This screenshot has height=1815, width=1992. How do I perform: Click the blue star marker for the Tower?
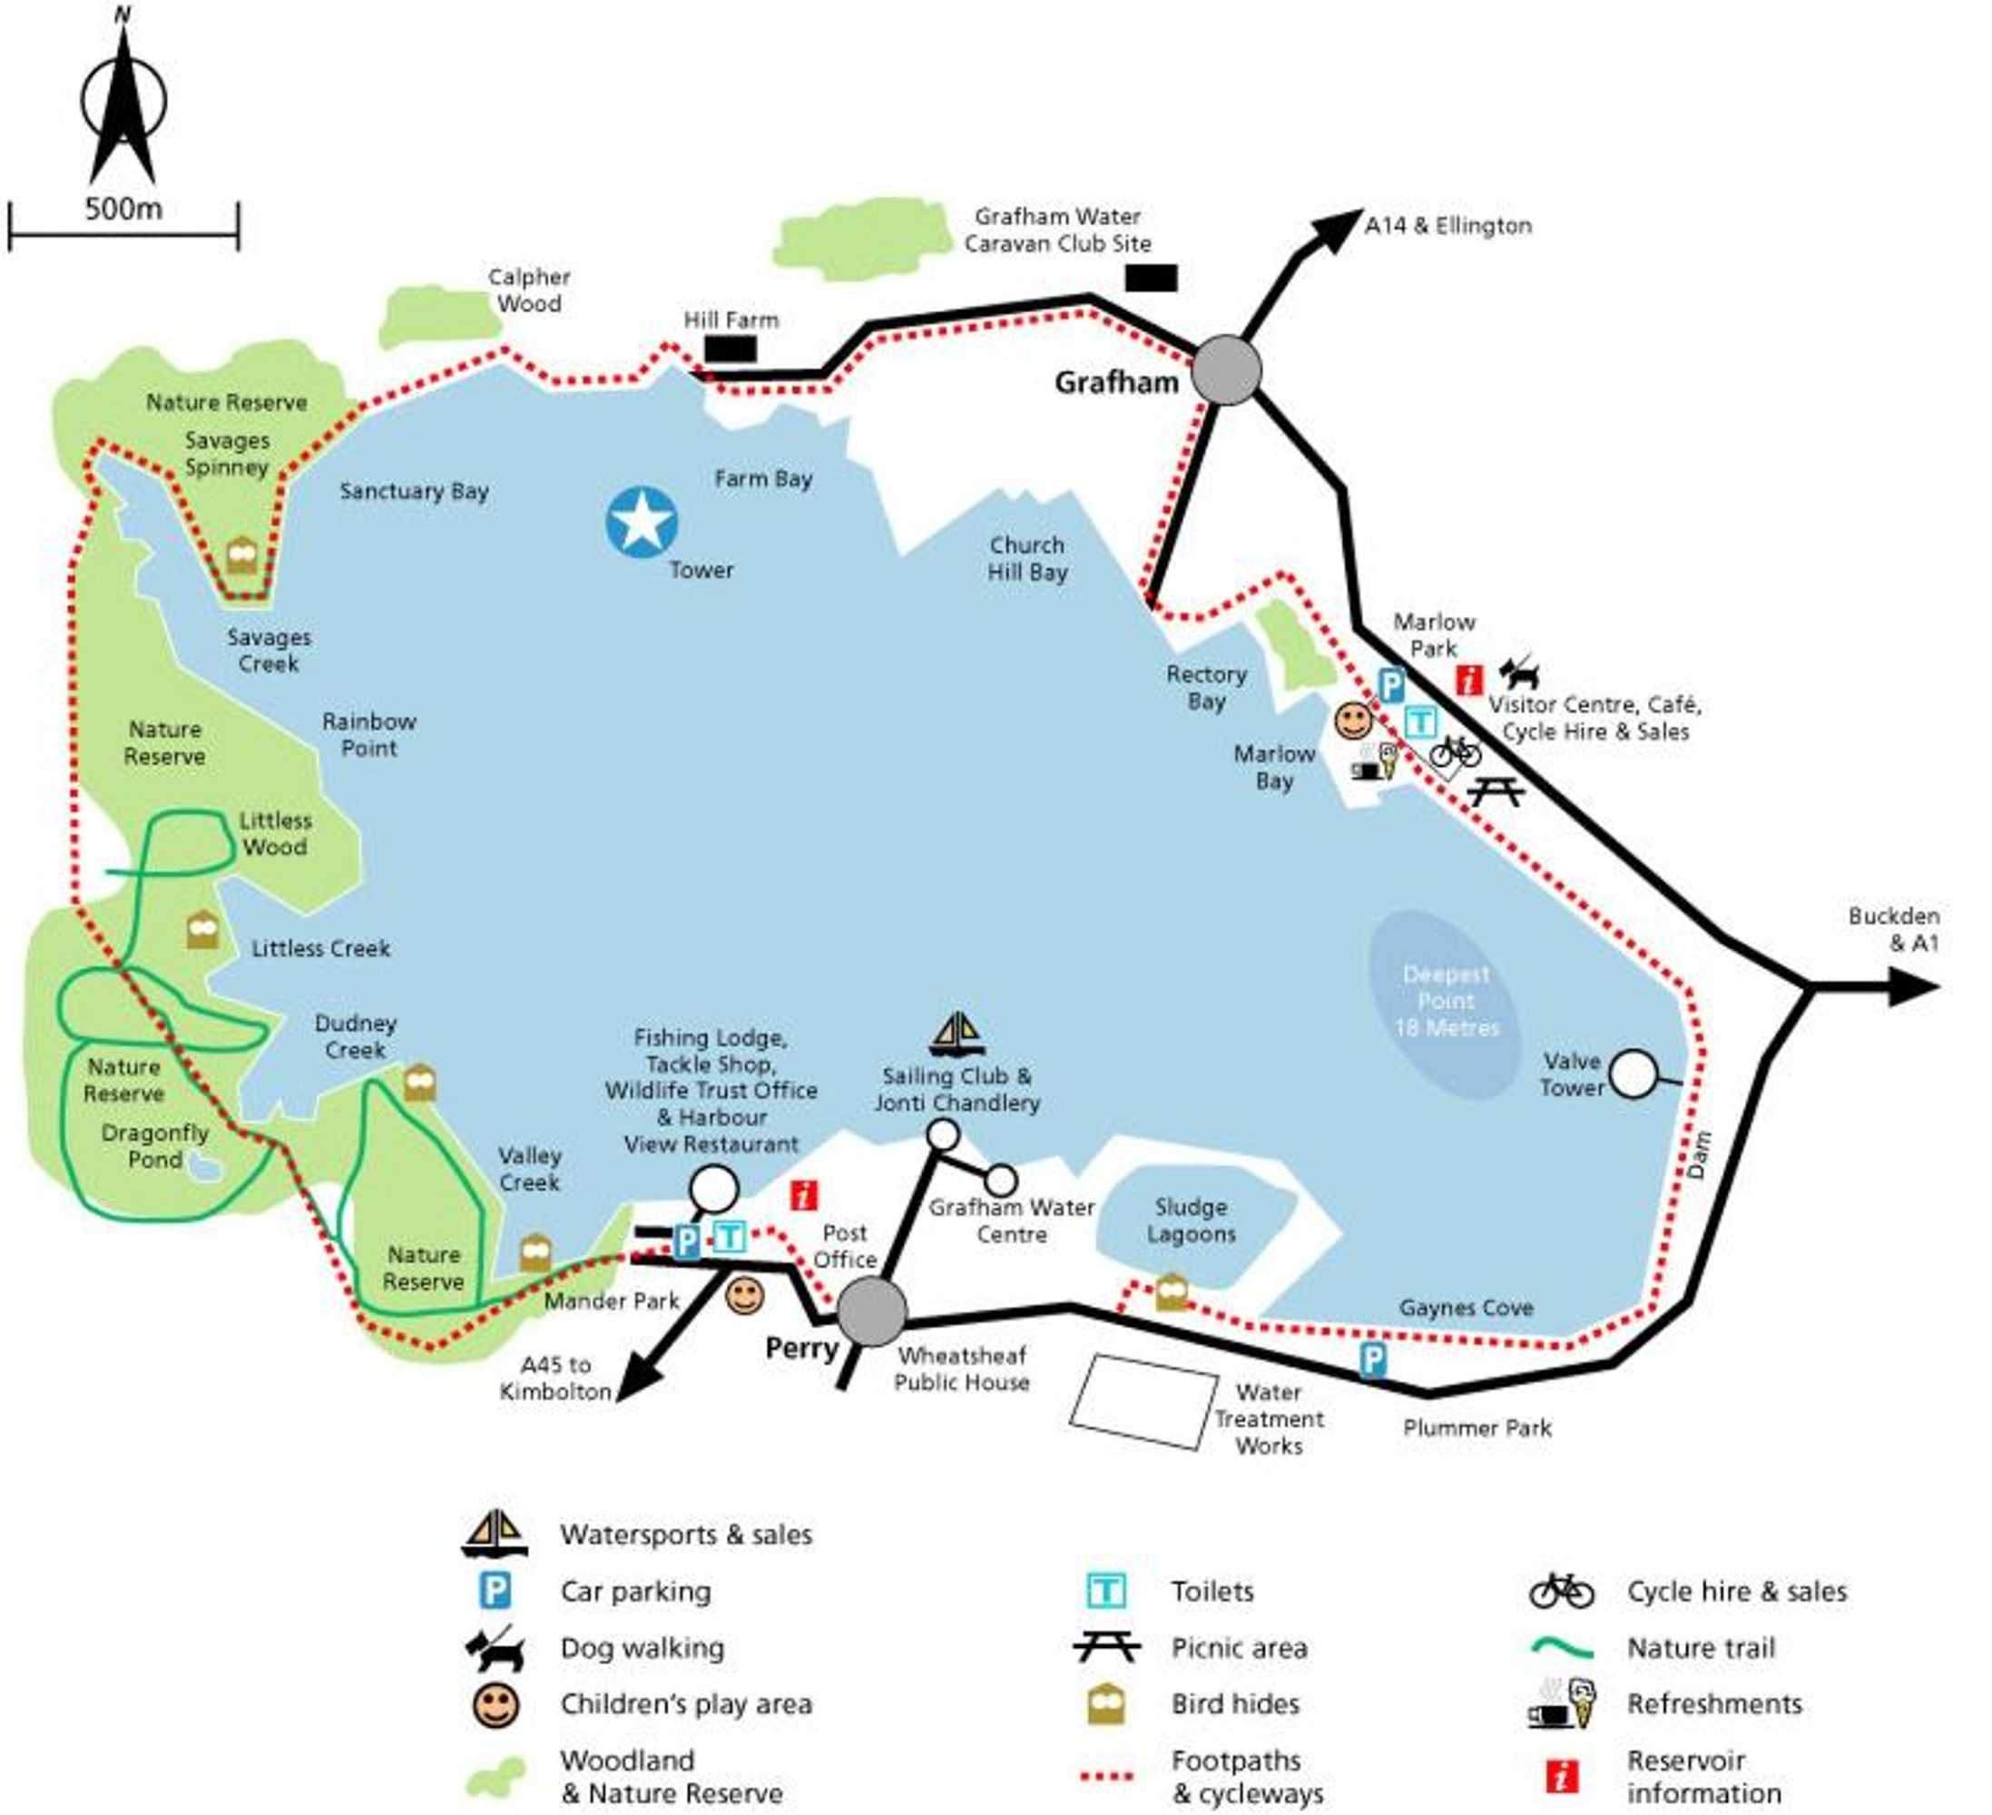coord(642,522)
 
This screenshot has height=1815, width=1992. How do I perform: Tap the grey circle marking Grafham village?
coord(1225,369)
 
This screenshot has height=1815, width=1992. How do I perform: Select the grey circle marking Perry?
coord(870,1311)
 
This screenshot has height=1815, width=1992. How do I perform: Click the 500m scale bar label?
coord(123,210)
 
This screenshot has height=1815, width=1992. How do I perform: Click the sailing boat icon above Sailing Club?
coord(957,1035)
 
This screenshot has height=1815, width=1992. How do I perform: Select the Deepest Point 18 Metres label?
coord(1446,1001)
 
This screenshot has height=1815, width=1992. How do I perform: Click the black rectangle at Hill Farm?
coord(731,348)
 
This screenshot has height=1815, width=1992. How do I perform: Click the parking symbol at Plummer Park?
coord(1372,1360)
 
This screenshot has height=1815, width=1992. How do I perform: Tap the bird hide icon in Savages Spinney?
coord(242,555)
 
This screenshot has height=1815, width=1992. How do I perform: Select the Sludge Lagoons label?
coord(1191,1221)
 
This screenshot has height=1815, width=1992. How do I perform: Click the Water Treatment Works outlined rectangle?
coord(1143,1401)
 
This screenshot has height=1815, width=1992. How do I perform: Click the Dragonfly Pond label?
coord(155,1146)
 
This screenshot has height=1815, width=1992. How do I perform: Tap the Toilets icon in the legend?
coord(1104,1592)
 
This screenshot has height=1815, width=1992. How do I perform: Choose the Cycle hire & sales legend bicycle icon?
coord(1561,1592)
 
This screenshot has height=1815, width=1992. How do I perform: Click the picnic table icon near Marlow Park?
coord(1495,790)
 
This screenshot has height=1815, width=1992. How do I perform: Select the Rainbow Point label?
coord(368,734)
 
